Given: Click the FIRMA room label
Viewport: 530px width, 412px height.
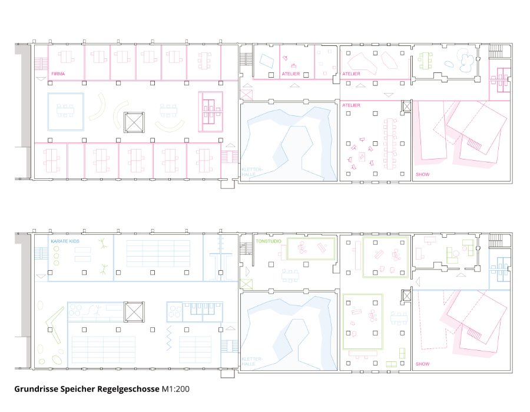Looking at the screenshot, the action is pos(58,74).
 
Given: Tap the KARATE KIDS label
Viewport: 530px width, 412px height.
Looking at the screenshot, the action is pos(65,241).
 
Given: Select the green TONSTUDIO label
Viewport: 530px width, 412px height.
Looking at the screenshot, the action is pos(269,241).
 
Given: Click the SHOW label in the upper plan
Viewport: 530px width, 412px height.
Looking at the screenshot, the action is pos(422,174).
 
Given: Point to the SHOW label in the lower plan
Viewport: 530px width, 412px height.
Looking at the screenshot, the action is pos(422,364).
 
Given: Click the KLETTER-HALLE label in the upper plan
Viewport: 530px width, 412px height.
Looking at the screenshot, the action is pos(252,172).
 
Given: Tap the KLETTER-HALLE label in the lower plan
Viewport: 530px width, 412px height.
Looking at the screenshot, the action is pos(252,361).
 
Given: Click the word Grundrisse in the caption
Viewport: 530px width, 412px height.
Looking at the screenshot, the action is pos(36,389).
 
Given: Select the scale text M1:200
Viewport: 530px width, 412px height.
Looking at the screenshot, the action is pos(175,389).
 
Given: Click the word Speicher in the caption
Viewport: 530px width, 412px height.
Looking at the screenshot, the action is pos(78,389).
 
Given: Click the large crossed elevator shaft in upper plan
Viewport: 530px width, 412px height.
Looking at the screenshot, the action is pos(134,122).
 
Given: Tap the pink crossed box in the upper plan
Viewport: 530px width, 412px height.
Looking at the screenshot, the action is pos(246,95).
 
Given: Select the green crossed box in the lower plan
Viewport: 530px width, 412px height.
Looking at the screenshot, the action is pos(246,284).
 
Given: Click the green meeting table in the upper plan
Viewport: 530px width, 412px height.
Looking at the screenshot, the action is pos(425,61).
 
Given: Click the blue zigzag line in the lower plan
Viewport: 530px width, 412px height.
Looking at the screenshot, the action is pos(169,338).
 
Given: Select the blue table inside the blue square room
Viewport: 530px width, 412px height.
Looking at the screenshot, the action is pos(65,111).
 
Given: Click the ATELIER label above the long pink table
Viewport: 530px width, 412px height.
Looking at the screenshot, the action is pos(351,105).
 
